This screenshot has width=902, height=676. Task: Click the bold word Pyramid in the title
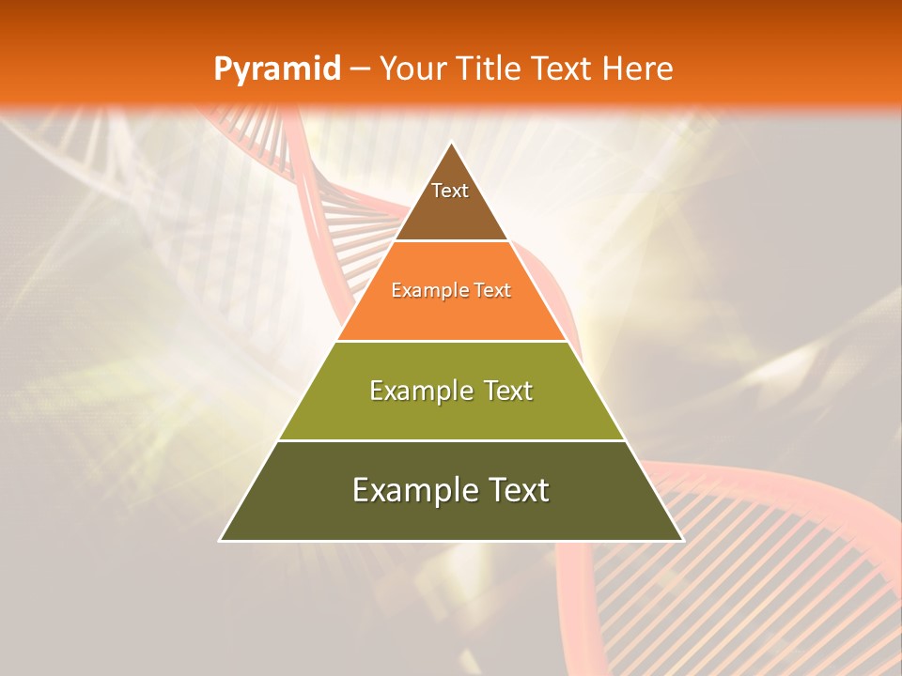[277, 69]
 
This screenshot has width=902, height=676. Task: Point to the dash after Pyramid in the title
[360, 69]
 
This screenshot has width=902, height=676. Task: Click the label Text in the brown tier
[450, 191]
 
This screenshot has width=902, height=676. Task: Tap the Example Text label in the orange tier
[451, 290]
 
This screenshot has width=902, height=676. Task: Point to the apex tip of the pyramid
[451, 144]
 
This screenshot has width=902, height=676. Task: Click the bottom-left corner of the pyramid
[222, 540]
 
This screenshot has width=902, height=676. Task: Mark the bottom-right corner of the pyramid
[681, 540]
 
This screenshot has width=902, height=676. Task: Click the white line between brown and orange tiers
[451, 240]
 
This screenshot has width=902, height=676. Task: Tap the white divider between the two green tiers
[451, 440]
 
